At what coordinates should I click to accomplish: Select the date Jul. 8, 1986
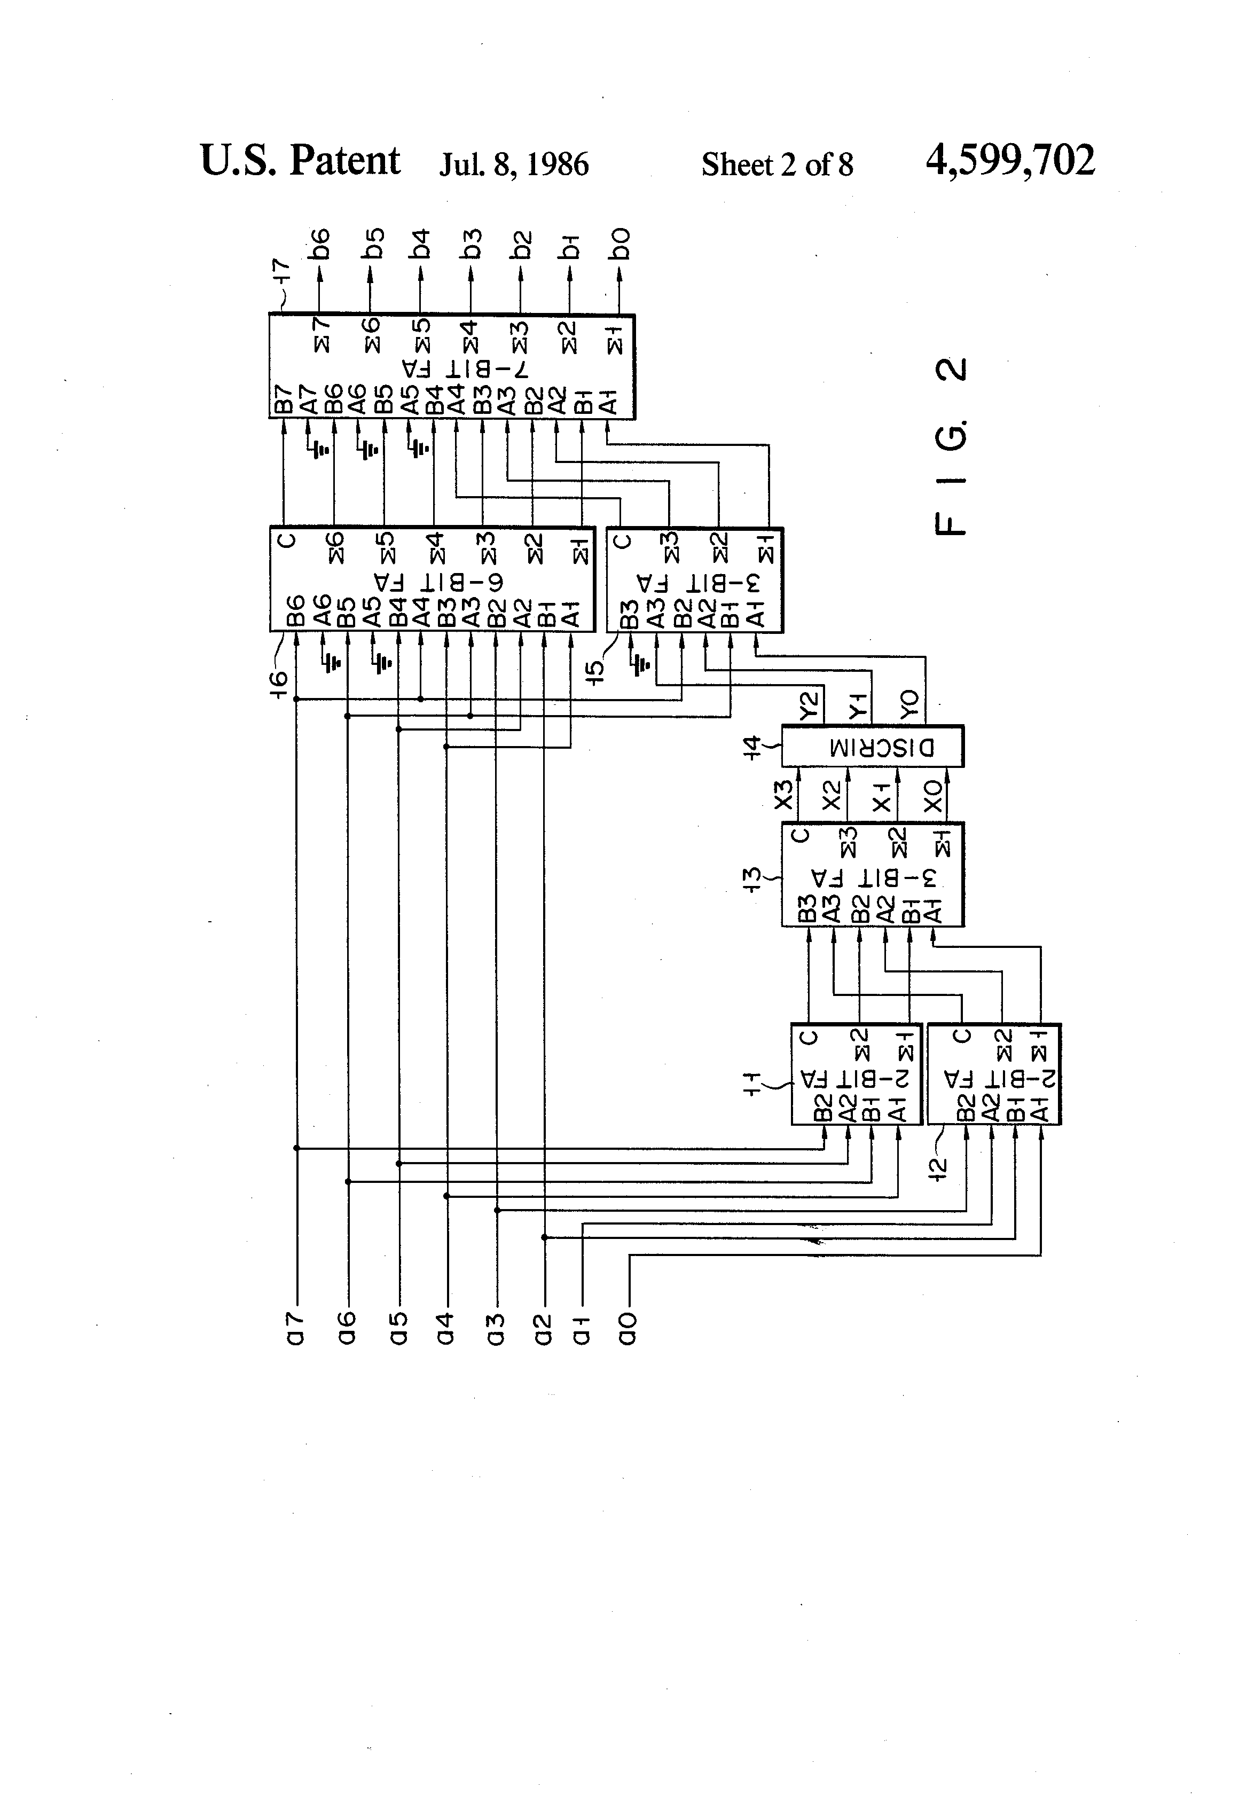click(513, 164)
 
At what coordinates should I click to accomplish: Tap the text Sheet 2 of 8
click(776, 164)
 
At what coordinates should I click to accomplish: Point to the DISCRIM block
click(873, 747)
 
